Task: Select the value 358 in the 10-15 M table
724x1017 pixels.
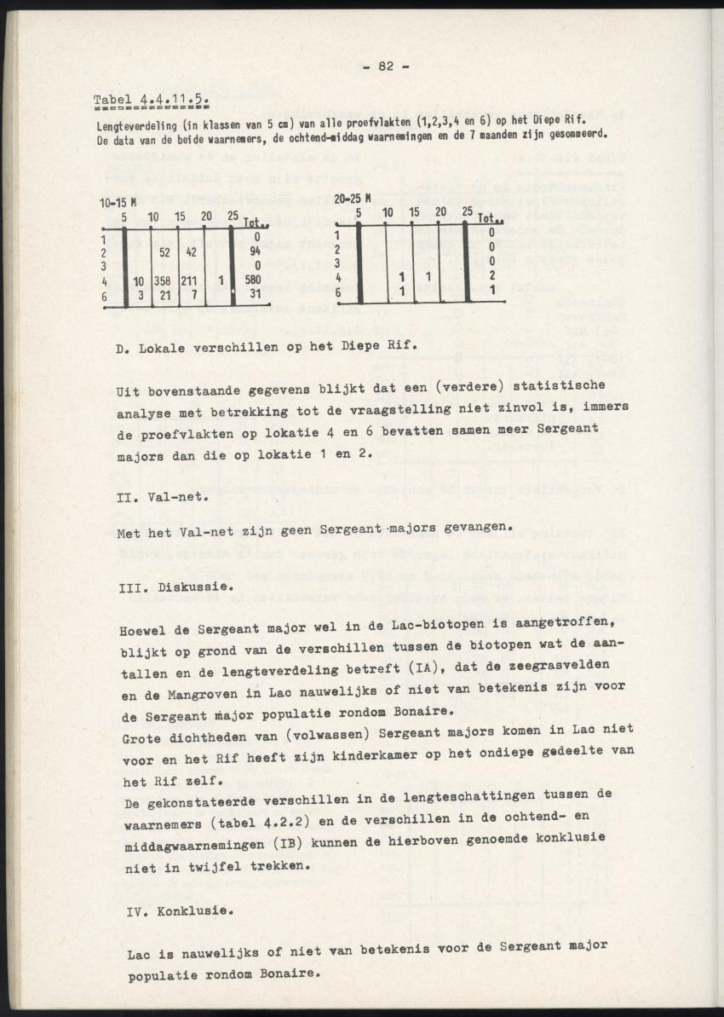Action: click(x=164, y=280)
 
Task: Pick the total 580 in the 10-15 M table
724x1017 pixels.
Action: click(x=251, y=280)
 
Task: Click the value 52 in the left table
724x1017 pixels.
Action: click(x=165, y=251)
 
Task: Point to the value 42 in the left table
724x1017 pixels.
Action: click(x=192, y=251)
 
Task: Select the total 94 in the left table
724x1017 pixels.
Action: click(x=253, y=251)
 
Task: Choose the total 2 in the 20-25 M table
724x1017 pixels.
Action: click(x=492, y=275)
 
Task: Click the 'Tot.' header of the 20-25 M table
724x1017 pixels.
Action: click(x=490, y=218)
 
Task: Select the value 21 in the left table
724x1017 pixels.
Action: click(x=166, y=294)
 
